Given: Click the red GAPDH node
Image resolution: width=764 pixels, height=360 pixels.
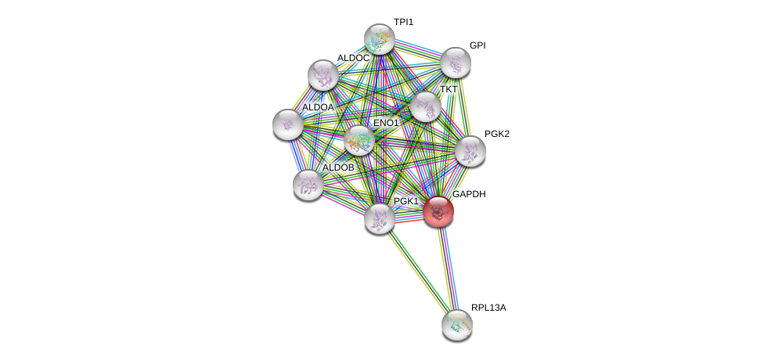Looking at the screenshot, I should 438,211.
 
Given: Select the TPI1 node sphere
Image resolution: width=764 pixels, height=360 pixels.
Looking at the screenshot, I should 380,39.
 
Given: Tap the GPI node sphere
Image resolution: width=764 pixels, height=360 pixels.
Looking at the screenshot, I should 455,63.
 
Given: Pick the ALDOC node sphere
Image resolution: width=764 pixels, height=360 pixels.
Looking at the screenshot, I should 323,75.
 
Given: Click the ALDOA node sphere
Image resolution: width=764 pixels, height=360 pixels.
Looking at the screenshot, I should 287,124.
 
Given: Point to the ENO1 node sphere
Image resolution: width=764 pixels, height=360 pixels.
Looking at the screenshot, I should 359,141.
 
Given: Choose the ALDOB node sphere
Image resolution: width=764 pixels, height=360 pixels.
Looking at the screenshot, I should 308,185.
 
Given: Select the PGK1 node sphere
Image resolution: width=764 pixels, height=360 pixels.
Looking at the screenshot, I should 379,218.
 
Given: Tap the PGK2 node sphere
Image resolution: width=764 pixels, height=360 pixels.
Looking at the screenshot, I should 470,151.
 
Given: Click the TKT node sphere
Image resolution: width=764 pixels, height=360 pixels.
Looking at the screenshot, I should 425,107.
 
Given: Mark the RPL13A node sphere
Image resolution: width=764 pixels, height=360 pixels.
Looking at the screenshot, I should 456,324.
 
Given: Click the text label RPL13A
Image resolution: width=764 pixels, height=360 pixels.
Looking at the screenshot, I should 488,308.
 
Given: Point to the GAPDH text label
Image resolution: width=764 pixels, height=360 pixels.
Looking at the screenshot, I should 469,194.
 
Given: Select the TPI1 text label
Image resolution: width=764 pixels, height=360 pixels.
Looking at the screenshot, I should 404,22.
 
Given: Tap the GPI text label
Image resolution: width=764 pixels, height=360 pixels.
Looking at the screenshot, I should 477,45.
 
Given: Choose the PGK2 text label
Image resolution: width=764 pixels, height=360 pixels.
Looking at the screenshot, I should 496,134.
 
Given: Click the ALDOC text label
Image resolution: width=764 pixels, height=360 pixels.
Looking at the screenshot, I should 353,58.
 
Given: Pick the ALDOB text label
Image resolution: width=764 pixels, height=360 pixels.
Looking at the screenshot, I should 338,167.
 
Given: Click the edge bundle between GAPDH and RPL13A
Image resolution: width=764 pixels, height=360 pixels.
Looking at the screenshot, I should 447,266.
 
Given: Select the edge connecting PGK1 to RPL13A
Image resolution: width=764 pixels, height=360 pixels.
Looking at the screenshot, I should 416,270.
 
